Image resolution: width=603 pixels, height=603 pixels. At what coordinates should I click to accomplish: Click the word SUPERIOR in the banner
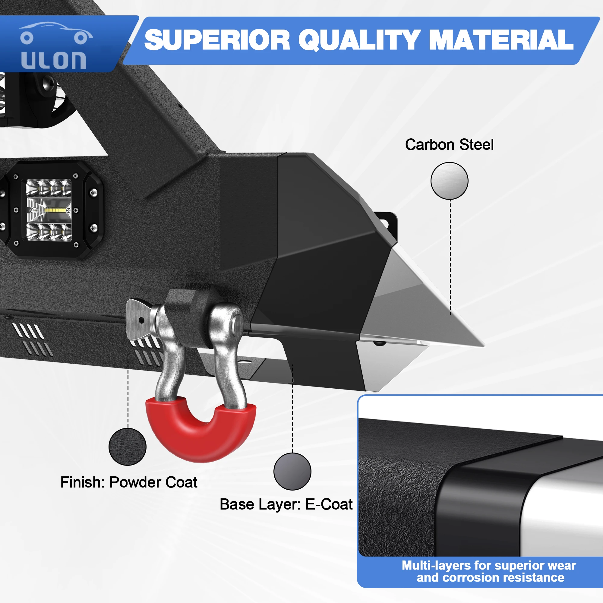pos(217,40)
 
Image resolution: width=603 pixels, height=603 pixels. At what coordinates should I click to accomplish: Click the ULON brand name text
pos(54,60)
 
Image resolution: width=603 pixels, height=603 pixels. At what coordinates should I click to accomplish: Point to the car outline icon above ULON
pos(55,33)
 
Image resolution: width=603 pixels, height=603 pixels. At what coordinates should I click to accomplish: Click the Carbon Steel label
pos(449,145)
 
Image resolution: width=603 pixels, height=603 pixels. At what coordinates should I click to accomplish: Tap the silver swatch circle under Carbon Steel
pos(449,181)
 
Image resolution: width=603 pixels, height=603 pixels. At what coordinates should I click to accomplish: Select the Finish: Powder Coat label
pos(129,482)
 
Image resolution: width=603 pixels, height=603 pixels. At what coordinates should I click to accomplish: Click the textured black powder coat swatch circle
pos(127,447)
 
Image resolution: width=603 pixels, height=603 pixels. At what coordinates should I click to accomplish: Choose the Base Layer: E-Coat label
pos(286,504)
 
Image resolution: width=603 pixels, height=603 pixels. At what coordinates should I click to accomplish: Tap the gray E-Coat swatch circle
pos(292,471)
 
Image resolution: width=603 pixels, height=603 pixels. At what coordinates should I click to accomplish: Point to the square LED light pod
pos(49,210)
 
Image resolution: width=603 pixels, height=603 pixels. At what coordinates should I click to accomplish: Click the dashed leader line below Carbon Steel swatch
pos(450,256)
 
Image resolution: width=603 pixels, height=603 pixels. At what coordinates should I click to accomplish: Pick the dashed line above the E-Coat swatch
pos(292,409)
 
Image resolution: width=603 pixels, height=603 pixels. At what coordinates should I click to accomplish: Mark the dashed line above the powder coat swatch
pos(128,390)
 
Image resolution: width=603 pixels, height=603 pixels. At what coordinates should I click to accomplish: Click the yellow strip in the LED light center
pos(56,210)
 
